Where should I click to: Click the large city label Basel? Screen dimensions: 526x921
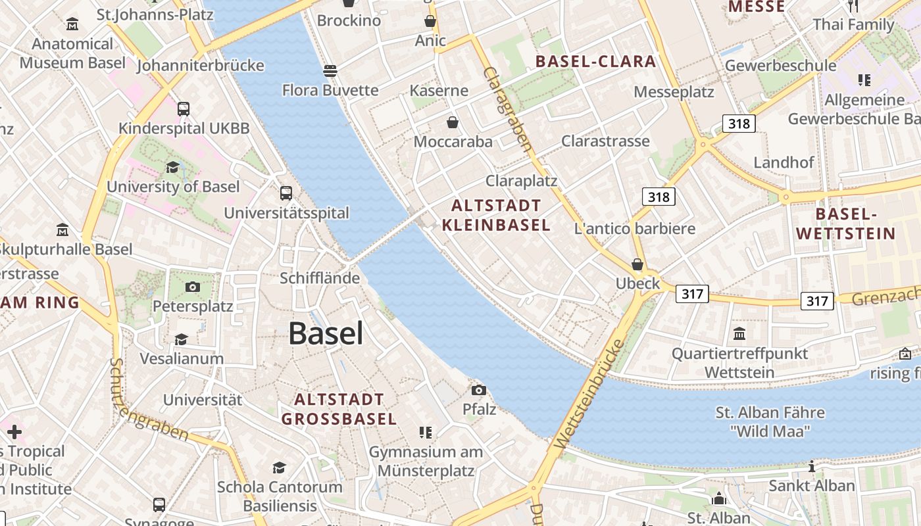[326, 333]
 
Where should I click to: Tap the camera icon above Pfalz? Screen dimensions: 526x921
[479, 390]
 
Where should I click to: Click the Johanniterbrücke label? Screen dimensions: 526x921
[201, 65]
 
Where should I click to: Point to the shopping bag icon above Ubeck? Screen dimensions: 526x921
[637, 264]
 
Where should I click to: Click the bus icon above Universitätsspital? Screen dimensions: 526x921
[286, 193]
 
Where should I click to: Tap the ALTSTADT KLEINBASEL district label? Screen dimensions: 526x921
[496, 215]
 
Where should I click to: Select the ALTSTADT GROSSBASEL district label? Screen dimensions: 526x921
[339, 409]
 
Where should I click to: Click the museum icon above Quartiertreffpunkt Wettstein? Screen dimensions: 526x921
[739, 333]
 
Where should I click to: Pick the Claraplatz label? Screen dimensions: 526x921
[521, 181]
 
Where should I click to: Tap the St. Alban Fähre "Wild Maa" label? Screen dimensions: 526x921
[770, 422]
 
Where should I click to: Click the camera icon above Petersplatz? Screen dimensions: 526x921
[192, 287]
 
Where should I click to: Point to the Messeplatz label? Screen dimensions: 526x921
[674, 91]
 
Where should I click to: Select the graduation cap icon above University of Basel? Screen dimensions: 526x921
[172, 167]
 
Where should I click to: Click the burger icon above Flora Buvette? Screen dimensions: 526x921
[330, 70]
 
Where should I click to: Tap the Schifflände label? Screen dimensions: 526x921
[320, 277]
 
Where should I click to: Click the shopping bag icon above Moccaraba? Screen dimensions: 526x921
[453, 122]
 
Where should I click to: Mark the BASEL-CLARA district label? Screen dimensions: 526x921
[595, 62]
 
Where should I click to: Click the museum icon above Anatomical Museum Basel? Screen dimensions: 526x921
[72, 25]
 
